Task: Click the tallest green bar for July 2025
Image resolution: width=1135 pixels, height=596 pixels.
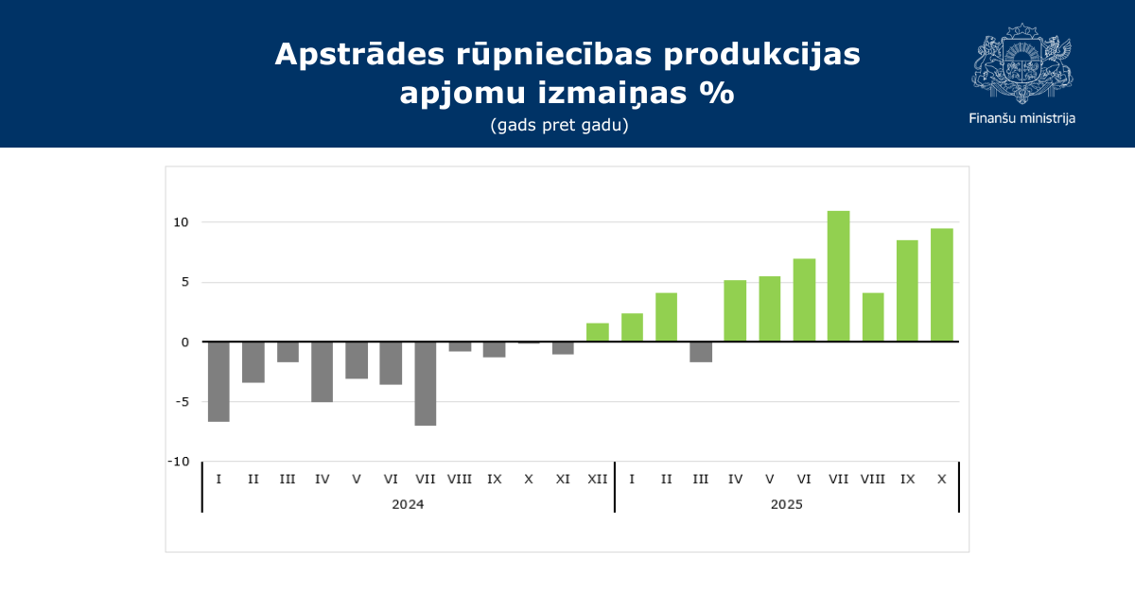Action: (x=838, y=276)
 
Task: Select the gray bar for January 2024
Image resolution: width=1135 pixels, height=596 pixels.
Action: (x=218, y=381)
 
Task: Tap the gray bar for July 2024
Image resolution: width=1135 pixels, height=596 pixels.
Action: (x=426, y=383)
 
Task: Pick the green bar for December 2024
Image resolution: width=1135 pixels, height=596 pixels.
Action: (x=598, y=332)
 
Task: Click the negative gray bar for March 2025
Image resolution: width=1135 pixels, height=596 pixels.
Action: (x=701, y=352)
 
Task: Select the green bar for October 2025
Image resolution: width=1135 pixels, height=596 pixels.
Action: (x=941, y=285)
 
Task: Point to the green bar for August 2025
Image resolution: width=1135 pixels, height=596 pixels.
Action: (x=873, y=317)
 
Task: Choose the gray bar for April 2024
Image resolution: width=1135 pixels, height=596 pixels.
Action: (x=323, y=372)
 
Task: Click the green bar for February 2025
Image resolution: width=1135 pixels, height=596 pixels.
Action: (x=666, y=317)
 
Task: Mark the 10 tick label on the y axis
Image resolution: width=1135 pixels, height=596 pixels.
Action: (x=181, y=222)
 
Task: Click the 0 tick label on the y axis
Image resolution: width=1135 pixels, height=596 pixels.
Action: (x=185, y=342)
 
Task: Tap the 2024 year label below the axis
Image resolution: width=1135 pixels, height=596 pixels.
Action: (x=408, y=504)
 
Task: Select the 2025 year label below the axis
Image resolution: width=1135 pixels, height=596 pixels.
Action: (x=787, y=504)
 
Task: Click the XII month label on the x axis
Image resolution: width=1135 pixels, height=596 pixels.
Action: (x=598, y=479)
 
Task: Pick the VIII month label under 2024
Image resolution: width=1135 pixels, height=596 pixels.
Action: (x=460, y=479)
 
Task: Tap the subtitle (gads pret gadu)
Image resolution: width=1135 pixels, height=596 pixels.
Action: (x=560, y=125)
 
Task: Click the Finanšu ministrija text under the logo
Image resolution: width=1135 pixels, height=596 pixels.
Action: (x=1021, y=118)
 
